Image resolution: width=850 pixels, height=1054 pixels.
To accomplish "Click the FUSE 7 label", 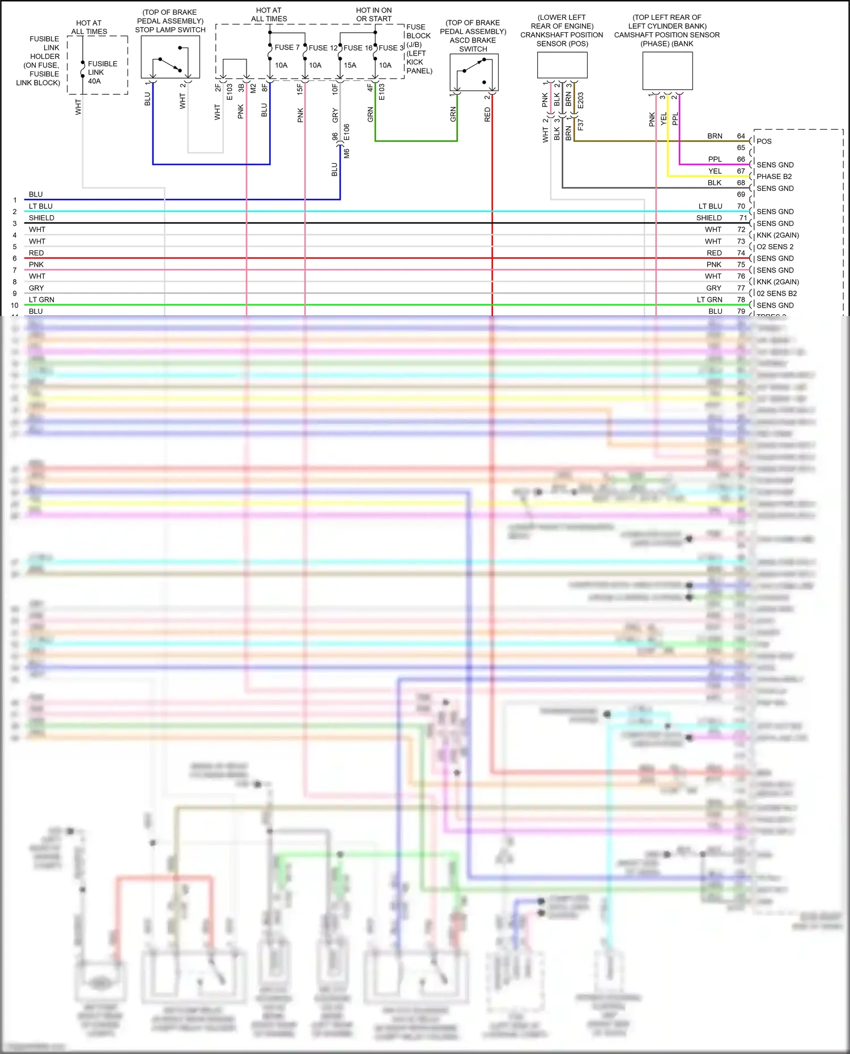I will (x=287, y=48).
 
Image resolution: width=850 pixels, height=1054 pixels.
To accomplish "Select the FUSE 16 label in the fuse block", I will (x=358, y=48).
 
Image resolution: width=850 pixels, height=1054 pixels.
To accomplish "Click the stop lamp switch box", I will (x=170, y=57).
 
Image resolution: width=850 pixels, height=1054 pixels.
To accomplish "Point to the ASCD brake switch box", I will (x=474, y=72).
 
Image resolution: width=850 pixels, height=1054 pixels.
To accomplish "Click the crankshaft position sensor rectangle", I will (x=562, y=65).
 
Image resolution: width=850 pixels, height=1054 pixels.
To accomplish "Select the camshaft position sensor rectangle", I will (x=668, y=71).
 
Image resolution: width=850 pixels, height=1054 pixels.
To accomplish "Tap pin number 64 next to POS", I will (x=741, y=136).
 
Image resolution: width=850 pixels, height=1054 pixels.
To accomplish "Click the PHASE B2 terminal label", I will (x=773, y=177).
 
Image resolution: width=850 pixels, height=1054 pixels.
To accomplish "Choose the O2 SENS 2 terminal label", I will (x=775, y=247).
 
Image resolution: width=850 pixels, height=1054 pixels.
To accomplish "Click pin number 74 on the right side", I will (x=741, y=253).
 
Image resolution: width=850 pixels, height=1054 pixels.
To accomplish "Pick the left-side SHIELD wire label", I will (x=41, y=218).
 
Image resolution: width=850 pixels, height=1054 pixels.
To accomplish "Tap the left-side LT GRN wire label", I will (x=41, y=300).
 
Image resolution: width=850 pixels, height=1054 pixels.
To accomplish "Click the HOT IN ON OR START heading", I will (x=373, y=15).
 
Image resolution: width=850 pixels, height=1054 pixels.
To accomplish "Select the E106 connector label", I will (x=346, y=133).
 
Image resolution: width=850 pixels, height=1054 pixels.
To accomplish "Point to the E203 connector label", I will (x=580, y=100).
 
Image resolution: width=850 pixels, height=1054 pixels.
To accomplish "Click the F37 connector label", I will (x=580, y=125).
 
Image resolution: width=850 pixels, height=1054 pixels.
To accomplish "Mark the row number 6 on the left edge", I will (x=15, y=259).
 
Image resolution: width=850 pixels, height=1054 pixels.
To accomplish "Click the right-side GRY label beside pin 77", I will (x=713, y=288).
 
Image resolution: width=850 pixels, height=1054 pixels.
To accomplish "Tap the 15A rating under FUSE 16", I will (x=350, y=65).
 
